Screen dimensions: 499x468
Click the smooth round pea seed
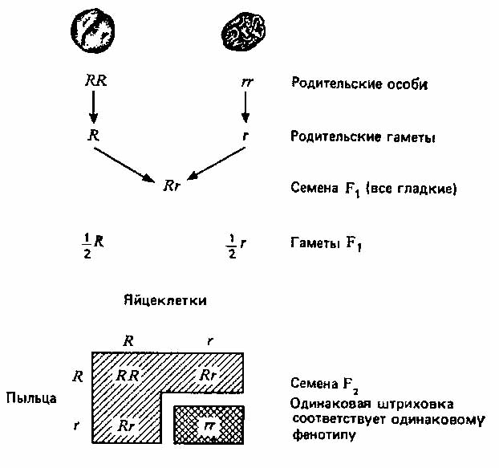(x=92, y=31)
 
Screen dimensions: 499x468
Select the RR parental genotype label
(x=95, y=81)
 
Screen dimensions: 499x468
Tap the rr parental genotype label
(x=247, y=82)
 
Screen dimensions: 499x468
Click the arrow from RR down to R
(x=93, y=107)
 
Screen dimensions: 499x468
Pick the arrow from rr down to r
(x=245, y=107)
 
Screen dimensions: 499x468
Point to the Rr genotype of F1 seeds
(x=172, y=185)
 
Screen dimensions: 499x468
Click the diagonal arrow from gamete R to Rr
(x=124, y=165)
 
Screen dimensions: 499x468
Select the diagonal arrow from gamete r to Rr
(x=216, y=163)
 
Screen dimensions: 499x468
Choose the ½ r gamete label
(x=236, y=246)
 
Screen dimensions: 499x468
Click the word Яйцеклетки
(x=165, y=300)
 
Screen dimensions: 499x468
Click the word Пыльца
(x=31, y=398)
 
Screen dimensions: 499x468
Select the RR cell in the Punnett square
(x=128, y=376)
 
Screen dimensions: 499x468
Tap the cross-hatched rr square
(x=209, y=425)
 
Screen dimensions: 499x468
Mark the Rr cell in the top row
(x=208, y=376)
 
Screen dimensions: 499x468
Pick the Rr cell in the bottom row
(x=126, y=425)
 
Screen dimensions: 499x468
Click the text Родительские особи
(x=359, y=83)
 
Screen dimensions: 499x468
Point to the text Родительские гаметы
(x=363, y=137)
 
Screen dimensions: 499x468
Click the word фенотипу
(x=324, y=435)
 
